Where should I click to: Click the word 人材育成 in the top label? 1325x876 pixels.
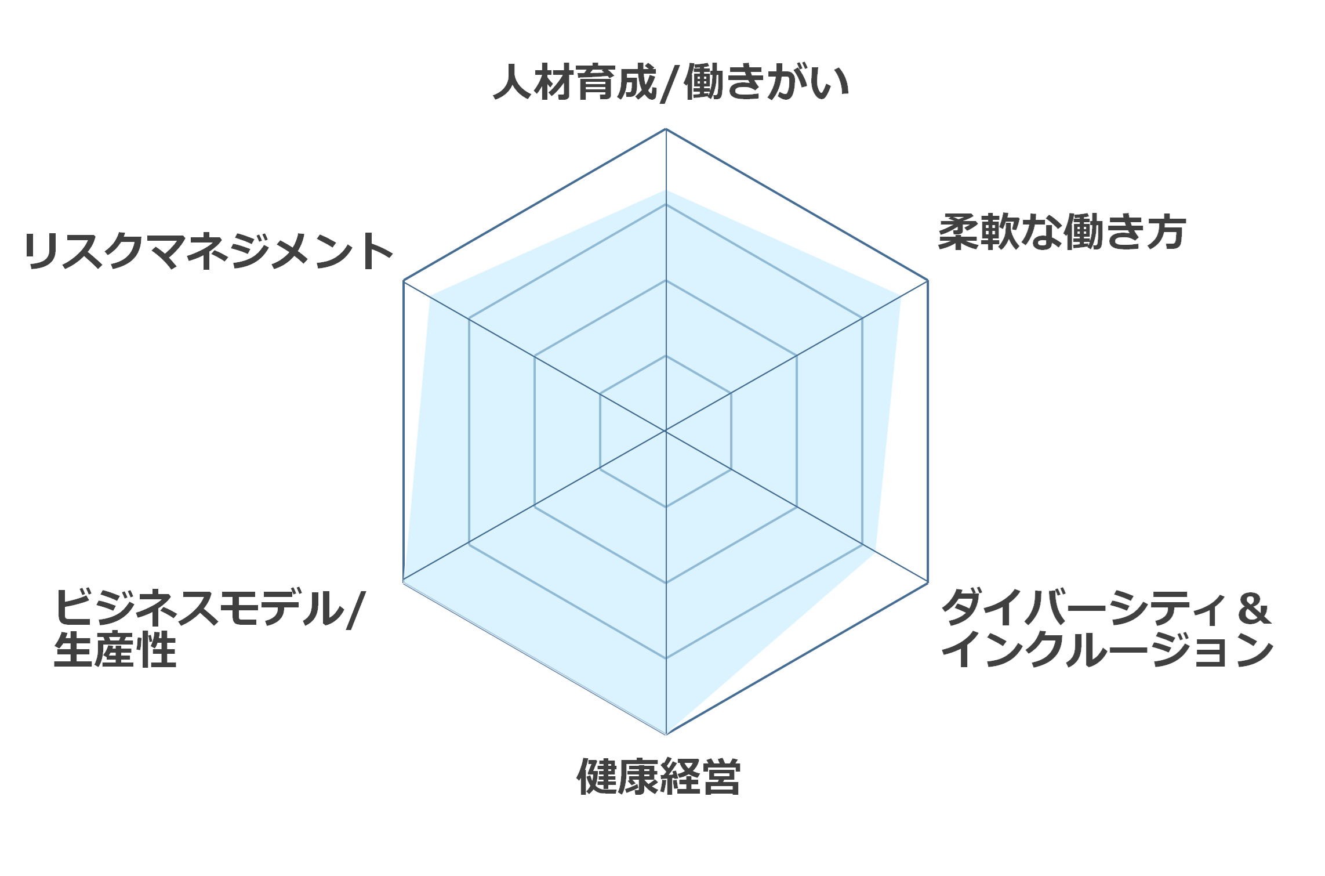pyautogui.click(x=575, y=82)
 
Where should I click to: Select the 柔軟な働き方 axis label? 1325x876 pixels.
pyautogui.click(x=1062, y=232)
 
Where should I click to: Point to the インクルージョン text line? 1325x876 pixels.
pyautogui.click(x=1108, y=649)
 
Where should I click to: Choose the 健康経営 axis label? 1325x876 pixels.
pyautogui.click(x=659, y=776)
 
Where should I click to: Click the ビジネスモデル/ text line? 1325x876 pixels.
pyautogui.click(x=209, y=607)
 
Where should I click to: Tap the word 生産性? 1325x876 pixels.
pyautogui.click(x=115, y=649)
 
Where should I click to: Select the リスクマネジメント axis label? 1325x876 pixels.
pyautogui.click(x=209, y=251)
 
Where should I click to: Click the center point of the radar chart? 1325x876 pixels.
pyautogui.click(x=666, y=431)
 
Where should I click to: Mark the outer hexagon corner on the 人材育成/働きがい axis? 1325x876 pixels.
pyautogui.click(x=666, y=129)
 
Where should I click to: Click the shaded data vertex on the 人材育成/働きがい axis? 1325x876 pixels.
pyautogui.click(x=666, y=190)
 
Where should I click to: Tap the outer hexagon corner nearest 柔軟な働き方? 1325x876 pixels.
pyautogui.click(x=928, y=280)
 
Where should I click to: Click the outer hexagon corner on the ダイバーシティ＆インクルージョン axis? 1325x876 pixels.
pyautogui.click(x=928, y=582)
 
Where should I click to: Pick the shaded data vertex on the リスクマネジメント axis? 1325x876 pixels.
pyautogui.click(x=430, y=296)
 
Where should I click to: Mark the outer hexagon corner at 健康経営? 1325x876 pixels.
pyautogui.click(x=666, y=734)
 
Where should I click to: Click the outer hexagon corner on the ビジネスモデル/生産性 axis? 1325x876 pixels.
pyautogui.click(x=404, y=582)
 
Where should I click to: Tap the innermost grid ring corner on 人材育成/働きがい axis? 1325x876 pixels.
pyautogui.click(x=666, y=356)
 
